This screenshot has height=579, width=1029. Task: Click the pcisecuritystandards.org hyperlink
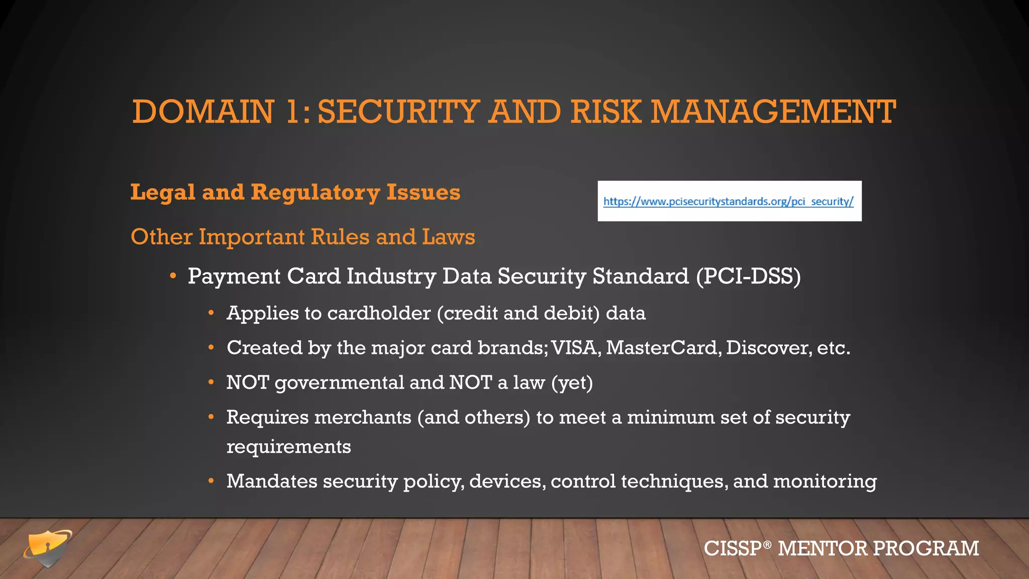click(728, 202)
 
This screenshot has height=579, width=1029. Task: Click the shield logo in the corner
click(47, 548)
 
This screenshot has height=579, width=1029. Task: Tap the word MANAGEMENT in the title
click(773, 112)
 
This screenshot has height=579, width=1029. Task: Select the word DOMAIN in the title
click(203, 112)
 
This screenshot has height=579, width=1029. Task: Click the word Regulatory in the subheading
click(315, 192)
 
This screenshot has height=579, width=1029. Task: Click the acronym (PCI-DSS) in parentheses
click(748, 276)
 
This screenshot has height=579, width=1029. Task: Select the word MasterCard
click(661, 348)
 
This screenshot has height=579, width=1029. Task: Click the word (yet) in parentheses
click(572, 383)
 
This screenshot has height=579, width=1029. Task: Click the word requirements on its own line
click(288, 447)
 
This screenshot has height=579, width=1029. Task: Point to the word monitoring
click(825, 481)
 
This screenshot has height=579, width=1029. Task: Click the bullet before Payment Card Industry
click(173, 276)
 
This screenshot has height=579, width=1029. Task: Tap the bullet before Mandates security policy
click(212, 481)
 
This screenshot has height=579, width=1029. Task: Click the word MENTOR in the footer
click(822, 548)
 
